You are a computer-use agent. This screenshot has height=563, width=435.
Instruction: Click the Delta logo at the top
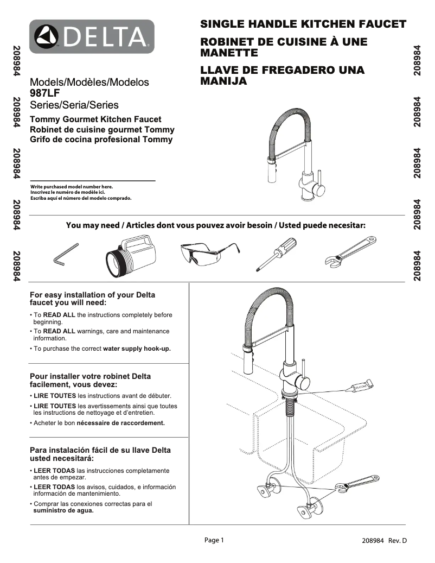[x=92, y=36]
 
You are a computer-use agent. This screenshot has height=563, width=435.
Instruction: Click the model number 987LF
[x=44, y=93]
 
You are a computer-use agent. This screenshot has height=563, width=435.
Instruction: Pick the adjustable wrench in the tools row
[x=350, y=252]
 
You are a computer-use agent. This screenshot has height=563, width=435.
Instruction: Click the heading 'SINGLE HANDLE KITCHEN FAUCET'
[x=303, y=24]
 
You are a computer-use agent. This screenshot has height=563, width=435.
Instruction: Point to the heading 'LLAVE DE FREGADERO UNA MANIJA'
[x=282, y=76]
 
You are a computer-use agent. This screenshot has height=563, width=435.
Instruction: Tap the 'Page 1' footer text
[x=213, y=540]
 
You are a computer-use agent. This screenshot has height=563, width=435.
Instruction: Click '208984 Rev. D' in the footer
[x=384, y=541]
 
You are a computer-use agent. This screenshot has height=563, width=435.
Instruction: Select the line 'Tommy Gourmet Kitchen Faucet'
[x=95, y=119]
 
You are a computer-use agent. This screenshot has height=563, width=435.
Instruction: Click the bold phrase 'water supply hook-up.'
[x=137, y=349]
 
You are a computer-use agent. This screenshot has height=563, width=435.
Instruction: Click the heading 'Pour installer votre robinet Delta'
[x=90, y=376]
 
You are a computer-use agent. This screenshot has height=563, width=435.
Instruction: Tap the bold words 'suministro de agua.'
[x=63, y=510]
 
